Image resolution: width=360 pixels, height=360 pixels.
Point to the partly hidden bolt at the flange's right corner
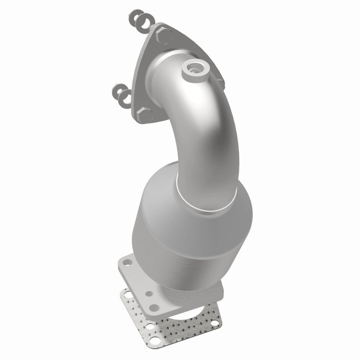pyautogui.click(x=221, y=81)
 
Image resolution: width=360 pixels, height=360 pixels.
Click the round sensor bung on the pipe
pyautogui.click(x=194, y=68)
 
